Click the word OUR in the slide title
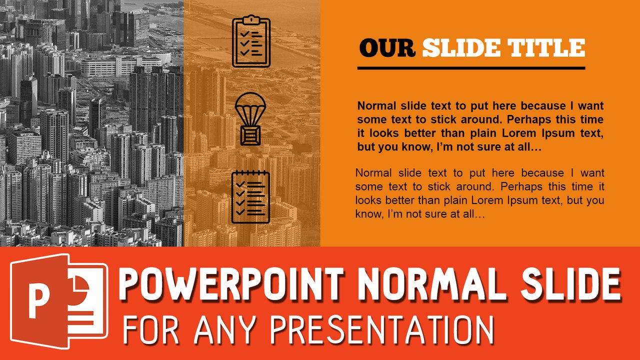click(387, 48)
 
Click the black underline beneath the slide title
click(471, 67)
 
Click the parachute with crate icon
click(250, 119)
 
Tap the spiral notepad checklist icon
click(250, 196)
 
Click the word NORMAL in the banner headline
click(431, 284)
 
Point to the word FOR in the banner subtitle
click(148, 330)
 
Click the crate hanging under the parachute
click(250, 135)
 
